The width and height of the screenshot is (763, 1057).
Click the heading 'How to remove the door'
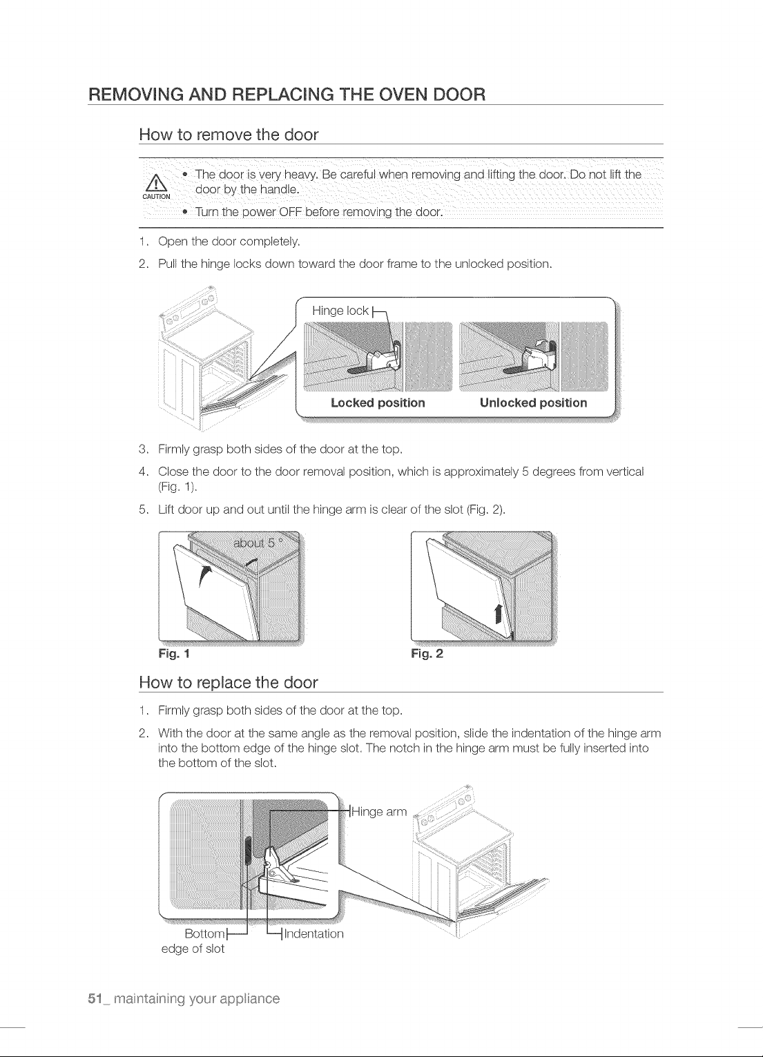[x=229, y=135]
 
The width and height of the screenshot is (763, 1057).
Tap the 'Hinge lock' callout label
[x=340, y=311]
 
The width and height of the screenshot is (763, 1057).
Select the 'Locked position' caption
[x=378, y=403]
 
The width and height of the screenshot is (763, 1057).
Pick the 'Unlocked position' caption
[x=533, y=403]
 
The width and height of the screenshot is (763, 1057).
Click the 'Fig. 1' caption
[x=174, y=654]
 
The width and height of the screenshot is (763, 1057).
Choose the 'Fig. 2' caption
[x=427, y=654]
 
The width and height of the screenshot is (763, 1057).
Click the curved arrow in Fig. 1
[x=203, y=576]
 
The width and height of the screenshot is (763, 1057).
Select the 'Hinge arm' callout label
[x=379, y=812]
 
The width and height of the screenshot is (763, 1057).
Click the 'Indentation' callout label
[x=313, y=934]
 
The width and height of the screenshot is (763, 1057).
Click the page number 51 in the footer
[x=95, y=998]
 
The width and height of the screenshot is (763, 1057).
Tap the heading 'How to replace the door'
[x=229, y=682]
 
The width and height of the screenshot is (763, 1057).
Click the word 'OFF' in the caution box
[x=290, y=212]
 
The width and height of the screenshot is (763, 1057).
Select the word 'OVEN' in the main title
[x=399, y=95]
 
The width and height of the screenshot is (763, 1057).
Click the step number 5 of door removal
[x=143, y=510]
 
